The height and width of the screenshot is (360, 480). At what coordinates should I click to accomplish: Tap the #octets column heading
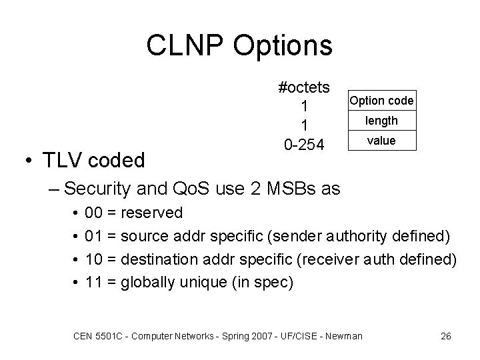pos(305,88)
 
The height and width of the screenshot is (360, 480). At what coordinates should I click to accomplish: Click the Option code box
pos(381,101)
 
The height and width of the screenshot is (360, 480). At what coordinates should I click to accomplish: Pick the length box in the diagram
pos(381,121)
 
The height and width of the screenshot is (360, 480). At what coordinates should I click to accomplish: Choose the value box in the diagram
pos(381,141)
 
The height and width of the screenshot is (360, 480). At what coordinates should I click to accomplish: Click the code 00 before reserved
pos(94,213)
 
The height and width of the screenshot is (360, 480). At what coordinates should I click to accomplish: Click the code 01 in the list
pos(94,236)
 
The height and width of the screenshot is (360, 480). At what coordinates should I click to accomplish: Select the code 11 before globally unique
pos(94,282)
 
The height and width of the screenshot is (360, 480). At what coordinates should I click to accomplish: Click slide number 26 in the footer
pos(446,336)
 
